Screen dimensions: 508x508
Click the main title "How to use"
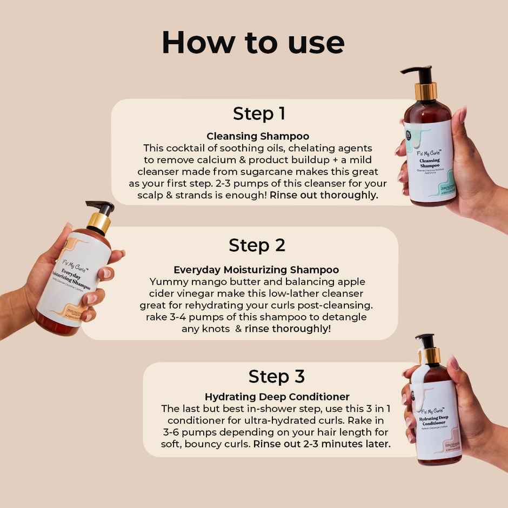[x=253, y=42]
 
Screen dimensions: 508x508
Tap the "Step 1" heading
[x=259, y=114]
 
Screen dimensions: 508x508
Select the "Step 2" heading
[x=257, y=245]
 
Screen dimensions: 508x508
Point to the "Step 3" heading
[x=276, y=376]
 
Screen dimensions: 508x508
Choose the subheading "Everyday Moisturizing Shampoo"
[x=256, y=270]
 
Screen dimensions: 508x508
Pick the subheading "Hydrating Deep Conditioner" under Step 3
[x=277, y=397]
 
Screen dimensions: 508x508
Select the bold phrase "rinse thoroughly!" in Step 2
[x=288, y=329]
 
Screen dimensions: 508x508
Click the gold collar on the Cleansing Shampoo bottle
[x=425, y=91]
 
